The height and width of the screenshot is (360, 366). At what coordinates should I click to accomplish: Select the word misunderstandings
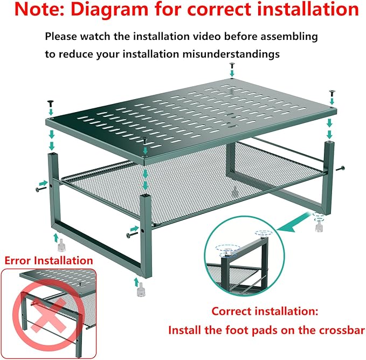coord(231,54)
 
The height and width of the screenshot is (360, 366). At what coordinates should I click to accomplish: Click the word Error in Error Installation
coord(19,260)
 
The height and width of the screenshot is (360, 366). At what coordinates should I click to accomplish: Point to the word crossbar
coord(342,330)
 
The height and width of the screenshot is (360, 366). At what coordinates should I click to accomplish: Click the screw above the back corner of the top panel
coord(232,65)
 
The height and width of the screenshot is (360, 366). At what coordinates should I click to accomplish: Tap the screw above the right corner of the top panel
coord(332,93)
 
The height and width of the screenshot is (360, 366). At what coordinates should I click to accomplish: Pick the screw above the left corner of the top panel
coord(51,103)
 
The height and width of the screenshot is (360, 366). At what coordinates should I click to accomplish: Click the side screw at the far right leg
coord(340,168)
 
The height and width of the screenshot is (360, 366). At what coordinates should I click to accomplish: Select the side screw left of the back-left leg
coord(40,189)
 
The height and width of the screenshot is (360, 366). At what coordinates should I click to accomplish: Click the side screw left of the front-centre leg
coord(132,234)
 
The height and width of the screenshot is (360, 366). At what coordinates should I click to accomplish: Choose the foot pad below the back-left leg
coord(61,245)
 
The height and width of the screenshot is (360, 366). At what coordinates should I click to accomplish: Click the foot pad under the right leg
coord(319,226)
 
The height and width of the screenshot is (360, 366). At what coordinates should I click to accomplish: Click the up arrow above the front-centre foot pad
coord(136,282)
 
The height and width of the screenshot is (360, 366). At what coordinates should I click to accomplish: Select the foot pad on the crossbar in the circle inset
coord(228,253)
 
